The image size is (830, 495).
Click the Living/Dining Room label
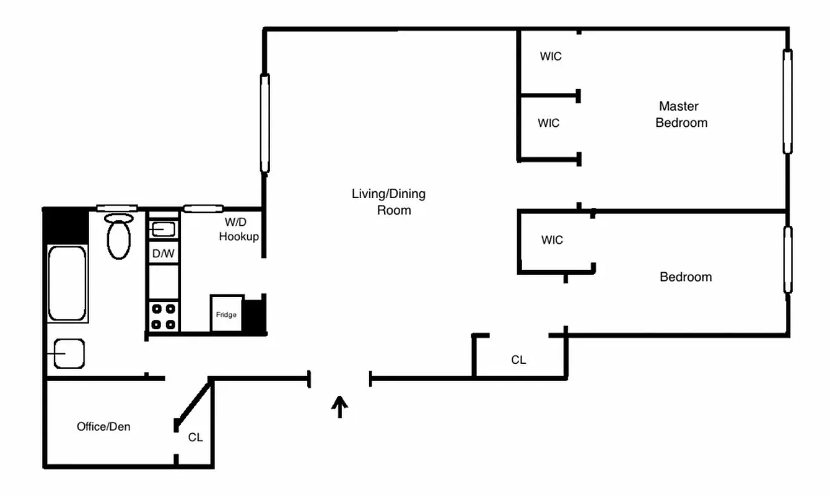coord(389,202)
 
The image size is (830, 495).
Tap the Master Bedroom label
coord(681,114)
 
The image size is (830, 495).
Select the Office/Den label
coord(103,426)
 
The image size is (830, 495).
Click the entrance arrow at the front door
coord(339,407)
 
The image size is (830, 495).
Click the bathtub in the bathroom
coord(68,283)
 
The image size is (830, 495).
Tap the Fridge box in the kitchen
coord(226,314)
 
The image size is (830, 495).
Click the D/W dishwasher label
coord(163,253)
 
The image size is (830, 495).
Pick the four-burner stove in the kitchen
coord(164,316)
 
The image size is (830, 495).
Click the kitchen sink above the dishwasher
coord(164,230)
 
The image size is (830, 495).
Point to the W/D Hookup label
coord(238,229)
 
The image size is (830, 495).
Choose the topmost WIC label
coord(550,56)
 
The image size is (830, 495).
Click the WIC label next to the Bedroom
coord(551,240)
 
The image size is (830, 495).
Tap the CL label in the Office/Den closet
coord(195,437)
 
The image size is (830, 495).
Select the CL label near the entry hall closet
coord(518,359)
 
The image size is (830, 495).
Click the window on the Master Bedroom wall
coord(787,101)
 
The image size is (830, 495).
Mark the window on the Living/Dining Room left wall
coord(264,123)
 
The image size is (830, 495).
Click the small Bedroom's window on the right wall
coord(787,260)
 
